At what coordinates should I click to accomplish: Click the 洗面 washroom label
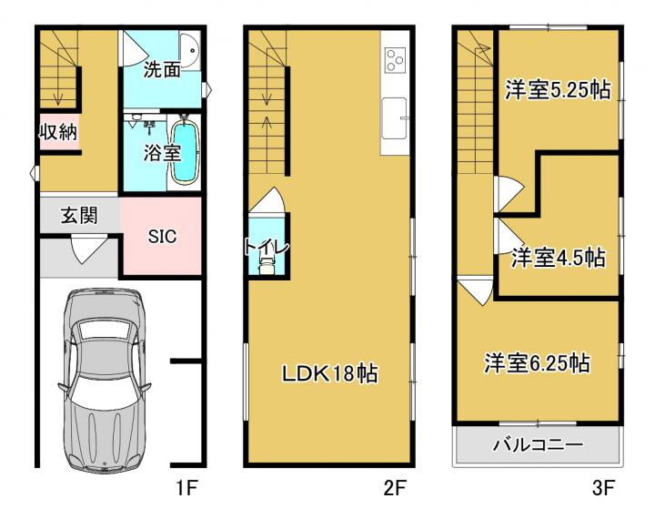point(162,69)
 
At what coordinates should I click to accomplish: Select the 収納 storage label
point(58,132)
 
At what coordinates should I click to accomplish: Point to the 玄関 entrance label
point(79,216)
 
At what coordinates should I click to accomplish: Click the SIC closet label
point(162,237)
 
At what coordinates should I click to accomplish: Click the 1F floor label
point(186,488)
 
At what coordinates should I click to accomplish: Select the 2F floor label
point(395,488)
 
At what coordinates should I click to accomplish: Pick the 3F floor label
point(603,488)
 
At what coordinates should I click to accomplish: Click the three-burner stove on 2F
point(395,60)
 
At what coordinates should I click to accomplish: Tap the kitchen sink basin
point(394,118)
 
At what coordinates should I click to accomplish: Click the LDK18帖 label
point(330,373)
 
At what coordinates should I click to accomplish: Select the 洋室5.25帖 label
point(558,89)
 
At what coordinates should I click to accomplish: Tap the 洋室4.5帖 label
point(558,258)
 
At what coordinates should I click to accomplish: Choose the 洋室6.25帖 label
point(538,363)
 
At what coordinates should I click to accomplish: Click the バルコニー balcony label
point(538,444)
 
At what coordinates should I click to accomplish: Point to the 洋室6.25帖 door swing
point(476,290)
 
